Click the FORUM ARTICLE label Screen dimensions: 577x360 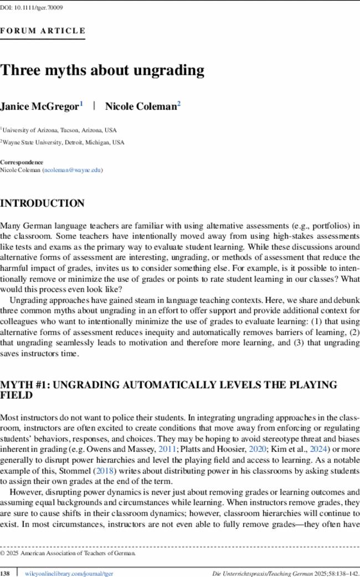pos(43,31)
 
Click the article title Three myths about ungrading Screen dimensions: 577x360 pos(102,71)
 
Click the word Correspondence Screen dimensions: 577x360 pos(22,163)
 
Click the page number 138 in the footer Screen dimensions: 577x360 pos(6,571)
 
